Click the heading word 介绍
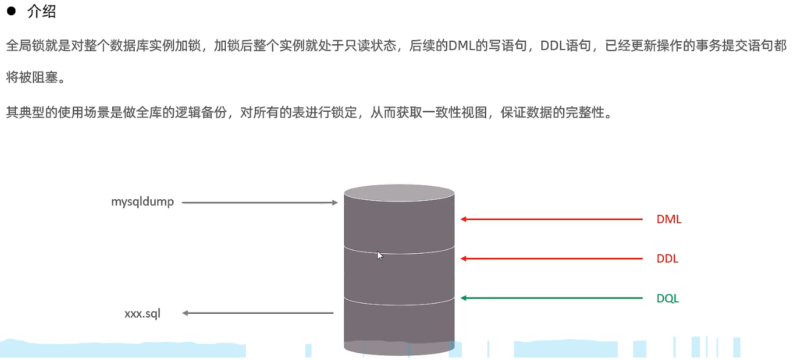[42, 12]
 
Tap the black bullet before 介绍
[11, 11]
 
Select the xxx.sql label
[143, 313]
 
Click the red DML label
[669, 220]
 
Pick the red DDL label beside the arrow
[668, 259]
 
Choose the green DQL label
[668, 299]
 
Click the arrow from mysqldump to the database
[260, 203]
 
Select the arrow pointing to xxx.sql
[258, 313]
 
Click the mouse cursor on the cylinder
[380, 256]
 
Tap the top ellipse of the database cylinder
[399, 194]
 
